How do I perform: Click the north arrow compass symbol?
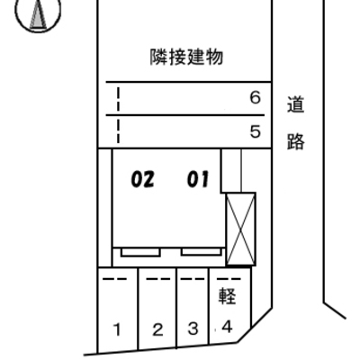point(38,13)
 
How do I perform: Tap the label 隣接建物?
point(186,57)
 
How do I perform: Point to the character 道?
point(296,104)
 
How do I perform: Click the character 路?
point(296,141)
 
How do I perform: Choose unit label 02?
point(143,179)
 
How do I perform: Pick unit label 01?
point(198,179)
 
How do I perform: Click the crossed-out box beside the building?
point(241,229)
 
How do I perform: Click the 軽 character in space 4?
point(227,296)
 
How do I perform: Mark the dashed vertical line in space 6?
point(119,99)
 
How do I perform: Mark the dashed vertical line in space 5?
point(119,131)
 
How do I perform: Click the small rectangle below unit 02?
point(140,253)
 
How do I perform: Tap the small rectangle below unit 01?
point(202,252)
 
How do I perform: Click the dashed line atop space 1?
point(114,279)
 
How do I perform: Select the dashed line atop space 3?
point(193,279)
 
